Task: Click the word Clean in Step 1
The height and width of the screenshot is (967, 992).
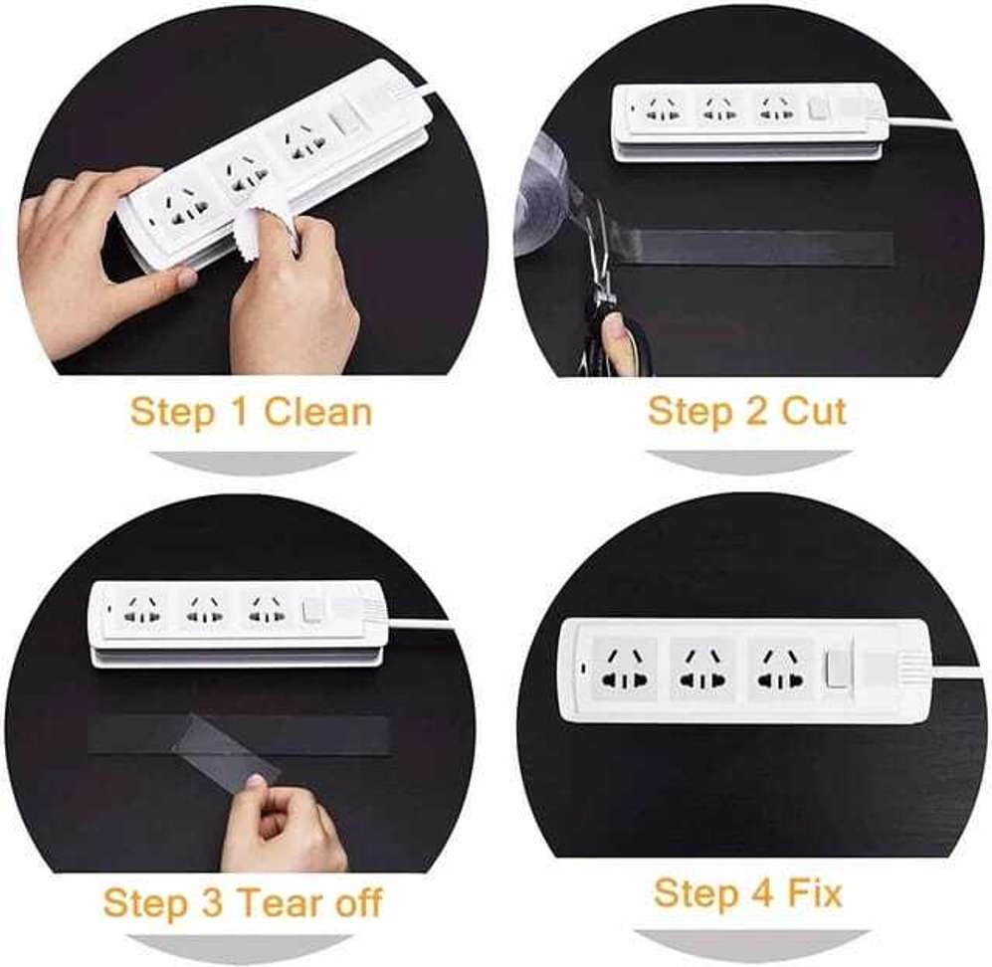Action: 317,411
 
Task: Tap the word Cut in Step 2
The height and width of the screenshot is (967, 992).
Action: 814,410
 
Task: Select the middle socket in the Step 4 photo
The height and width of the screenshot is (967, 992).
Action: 702,669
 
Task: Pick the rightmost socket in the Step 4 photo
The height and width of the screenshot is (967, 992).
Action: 779,669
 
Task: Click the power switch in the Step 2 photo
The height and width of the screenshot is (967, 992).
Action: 818,107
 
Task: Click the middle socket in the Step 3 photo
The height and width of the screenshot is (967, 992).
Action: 206,610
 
